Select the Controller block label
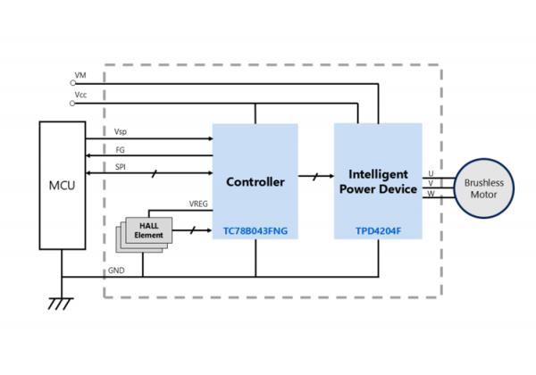pos(255,182)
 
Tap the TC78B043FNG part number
pos(255,231)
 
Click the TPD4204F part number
pos(379,231)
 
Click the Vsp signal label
pos(120,132)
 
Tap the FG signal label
pos(119,149)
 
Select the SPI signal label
pos(120,166)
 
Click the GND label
pos(117,271)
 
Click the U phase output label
pos(431,173)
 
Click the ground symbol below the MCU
pos(60,303)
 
